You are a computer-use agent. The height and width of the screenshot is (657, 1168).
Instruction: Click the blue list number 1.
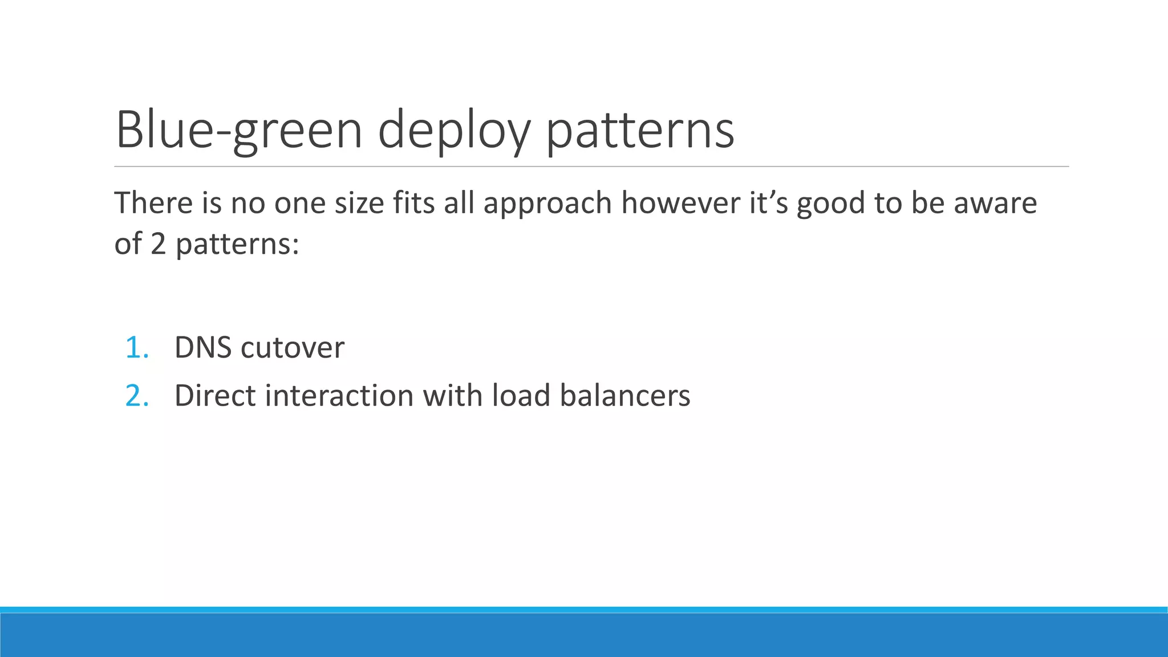coord(137,347)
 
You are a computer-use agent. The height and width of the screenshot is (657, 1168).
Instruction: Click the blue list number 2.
coord(137,395)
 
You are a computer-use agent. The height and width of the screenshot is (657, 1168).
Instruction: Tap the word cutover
coord(293,347)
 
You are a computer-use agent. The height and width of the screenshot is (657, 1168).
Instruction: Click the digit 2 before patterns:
coord(158,244)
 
